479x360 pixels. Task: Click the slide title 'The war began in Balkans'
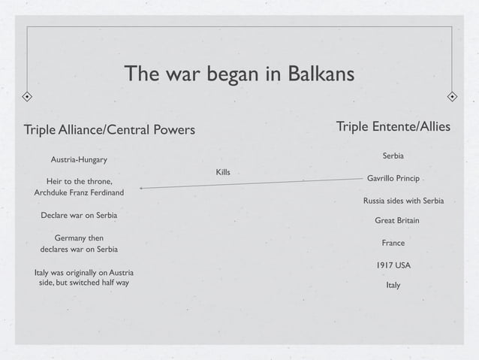point(239,74)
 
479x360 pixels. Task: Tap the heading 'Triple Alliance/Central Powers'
point(110,130)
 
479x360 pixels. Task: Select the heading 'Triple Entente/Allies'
point(393,127)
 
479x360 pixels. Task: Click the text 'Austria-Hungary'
point(79,160)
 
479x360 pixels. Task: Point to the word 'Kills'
point(223,173)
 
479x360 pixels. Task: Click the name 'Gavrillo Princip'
point(393,179)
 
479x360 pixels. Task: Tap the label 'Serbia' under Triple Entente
point(393,156)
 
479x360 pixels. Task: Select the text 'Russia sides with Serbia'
point(403,201)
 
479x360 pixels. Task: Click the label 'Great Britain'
point(396,221)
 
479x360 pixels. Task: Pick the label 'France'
point(393,243)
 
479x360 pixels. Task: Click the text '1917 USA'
point(393,265)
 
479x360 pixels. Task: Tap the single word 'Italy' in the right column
point(393,286)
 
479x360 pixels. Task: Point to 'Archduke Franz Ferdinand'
point(80,192)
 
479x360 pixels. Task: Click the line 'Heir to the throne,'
point(80,181)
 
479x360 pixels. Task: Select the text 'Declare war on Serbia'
point(79,215)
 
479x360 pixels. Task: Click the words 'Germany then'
point(79,237)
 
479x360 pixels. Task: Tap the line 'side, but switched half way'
point(83,283)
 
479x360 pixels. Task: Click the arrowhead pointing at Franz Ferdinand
point(142,188)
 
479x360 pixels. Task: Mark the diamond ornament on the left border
point(26,97)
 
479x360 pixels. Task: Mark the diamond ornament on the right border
point(452,97)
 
